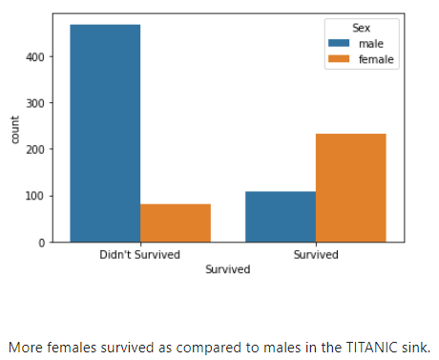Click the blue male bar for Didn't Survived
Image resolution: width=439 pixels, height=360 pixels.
tap(105, 133)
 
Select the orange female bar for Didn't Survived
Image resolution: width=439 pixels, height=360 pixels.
tap(176, 222)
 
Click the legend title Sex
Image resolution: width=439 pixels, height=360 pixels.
tap(362, 28)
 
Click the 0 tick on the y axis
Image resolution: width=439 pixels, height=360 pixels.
tap(43, 243)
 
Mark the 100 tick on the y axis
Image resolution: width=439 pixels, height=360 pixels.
tap(36, 196)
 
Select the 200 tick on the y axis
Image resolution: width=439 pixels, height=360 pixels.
tap(36, 150)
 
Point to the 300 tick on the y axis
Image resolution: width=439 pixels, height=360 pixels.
tap(36, 103)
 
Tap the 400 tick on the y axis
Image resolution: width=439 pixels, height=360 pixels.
tap(36, 57)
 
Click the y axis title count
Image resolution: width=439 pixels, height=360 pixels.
tap(14, 129)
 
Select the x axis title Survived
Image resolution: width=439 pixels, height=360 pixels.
tap(228, 270)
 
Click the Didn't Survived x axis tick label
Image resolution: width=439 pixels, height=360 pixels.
tap(140, 256)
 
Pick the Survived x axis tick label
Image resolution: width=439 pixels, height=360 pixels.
tap(316, 256)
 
